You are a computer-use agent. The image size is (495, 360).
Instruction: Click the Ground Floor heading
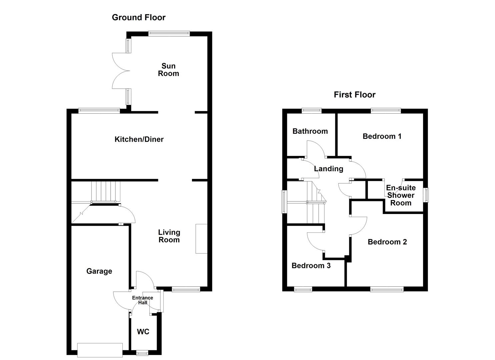(x=139, y=18)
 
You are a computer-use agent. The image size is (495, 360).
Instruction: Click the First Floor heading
(x=354, y=95)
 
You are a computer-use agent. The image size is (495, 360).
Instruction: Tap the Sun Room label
(x=168, y=70)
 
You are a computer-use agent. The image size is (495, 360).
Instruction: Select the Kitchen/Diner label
(x=139, y=139)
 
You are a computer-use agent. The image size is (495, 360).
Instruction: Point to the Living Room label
(x=169, y=236)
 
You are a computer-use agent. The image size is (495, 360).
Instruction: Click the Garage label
(x=99, y=271)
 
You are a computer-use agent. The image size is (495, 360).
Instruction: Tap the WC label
(x=143, y=332)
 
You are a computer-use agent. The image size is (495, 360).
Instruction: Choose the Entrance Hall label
(x=143, y=300)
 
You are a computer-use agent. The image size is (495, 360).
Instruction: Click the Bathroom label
(x=310, y=131)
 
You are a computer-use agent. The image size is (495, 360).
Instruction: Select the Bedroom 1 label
(x=382, y=136)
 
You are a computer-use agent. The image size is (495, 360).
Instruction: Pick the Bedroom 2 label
(x=387, y=242)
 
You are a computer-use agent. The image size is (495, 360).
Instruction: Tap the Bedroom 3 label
(x=311, y=266)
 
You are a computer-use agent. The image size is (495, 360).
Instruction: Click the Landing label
(x=328, y=169)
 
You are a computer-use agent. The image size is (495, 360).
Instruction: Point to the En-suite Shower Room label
(x=401, y=195)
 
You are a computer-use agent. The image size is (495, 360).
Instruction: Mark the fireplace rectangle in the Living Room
(x=201, y=239)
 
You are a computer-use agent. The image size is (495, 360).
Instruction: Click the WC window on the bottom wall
(x=143, y=352)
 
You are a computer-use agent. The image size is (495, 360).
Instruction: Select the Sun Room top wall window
(x=169, y=33)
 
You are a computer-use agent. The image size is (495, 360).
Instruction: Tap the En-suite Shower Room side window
(x=426, y=195)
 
